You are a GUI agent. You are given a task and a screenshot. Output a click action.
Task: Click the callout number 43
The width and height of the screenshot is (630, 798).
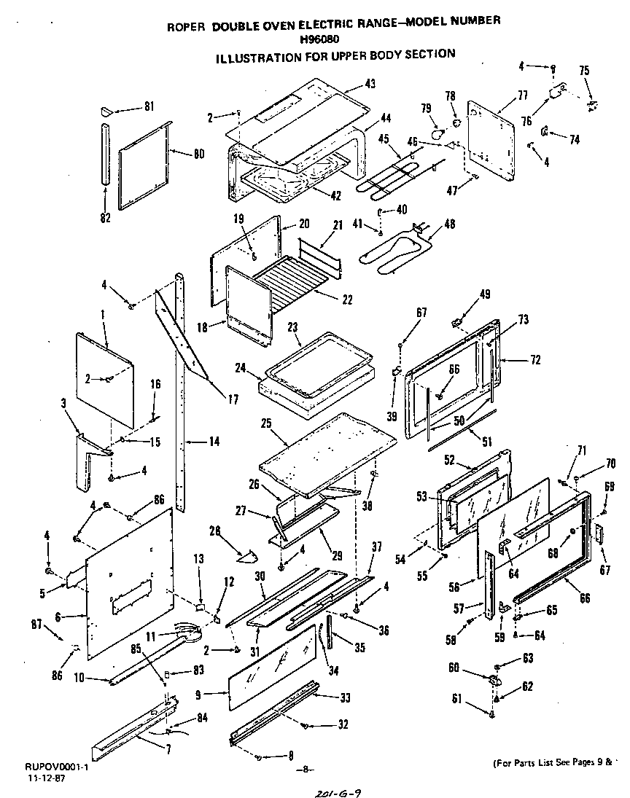click(370, 84)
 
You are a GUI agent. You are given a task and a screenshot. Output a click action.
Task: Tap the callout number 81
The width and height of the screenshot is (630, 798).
click(149, 106)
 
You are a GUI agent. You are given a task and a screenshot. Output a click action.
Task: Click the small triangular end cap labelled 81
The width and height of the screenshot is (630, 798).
click(107, 111)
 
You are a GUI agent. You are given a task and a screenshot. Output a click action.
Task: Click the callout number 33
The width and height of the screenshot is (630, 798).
click(345, 697)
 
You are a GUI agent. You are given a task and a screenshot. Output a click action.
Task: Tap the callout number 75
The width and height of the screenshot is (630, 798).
click(584, 71)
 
